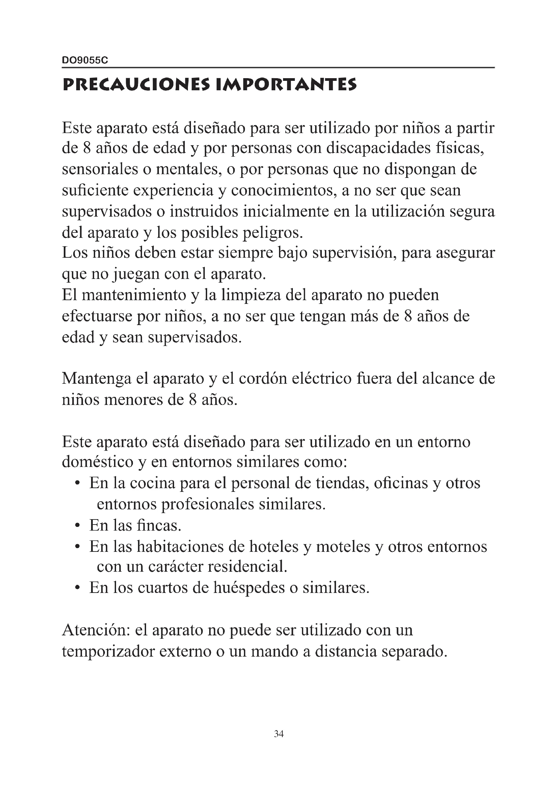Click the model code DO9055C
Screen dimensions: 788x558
tap(85, 60)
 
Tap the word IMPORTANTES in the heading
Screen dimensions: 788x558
tap(286, 85)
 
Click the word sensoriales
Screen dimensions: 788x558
tap(100, 169)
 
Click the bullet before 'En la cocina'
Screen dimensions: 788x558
tap(78, 484)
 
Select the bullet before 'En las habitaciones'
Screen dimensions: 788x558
tap(78, 547)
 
